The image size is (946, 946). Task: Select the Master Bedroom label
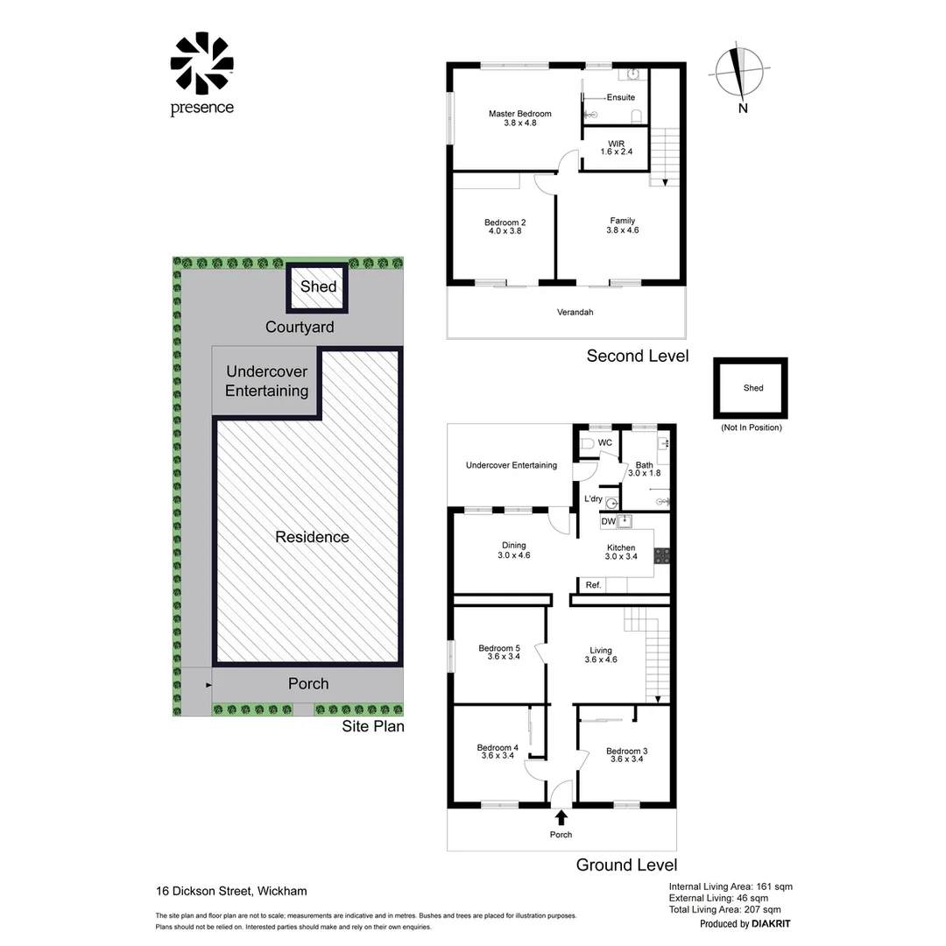[x=519, y=118]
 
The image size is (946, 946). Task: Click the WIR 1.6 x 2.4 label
[x=617, y=146]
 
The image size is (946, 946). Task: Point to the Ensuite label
[x=621, y=97]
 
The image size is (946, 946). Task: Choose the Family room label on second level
[x=623, y=225]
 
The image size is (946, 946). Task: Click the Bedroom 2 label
[x=505, y=227]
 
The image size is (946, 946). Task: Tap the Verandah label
[x=575, y=312]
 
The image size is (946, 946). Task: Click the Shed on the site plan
[x=318, y=287]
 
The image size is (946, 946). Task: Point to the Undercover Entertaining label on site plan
[x=266, y=381]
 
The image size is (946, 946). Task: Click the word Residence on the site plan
[x=312, y=537]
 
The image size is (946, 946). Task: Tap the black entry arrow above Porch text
[x=561, y=817]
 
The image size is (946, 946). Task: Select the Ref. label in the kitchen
[x=593, y=584]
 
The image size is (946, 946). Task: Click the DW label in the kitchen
[x=608, y=522]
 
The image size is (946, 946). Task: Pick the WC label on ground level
[x=604, y=443]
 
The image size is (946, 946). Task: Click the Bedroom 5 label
[x=499, y=653]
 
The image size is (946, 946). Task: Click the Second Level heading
[x=637, y=356]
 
